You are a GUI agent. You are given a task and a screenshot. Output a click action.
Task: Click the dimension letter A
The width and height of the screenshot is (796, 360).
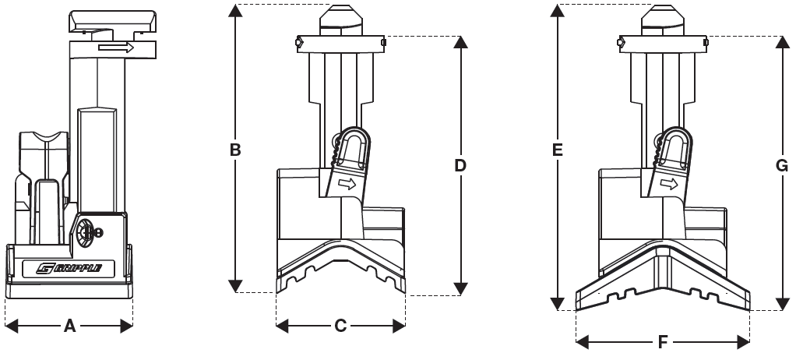69,326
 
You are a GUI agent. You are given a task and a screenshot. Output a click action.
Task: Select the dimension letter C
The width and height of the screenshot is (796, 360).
340,326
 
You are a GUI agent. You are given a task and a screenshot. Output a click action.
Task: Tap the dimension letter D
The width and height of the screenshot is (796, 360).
460,165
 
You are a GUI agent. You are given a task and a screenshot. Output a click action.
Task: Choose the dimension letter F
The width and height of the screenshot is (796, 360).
663,341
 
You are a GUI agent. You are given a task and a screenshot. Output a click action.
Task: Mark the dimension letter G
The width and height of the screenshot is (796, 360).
782,165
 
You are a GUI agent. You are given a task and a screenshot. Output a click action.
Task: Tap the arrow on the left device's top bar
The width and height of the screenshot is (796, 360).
116,48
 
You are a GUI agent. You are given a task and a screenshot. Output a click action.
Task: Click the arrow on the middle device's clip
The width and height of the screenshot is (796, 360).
348,185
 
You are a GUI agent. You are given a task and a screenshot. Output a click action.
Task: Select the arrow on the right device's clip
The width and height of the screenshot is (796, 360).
667,185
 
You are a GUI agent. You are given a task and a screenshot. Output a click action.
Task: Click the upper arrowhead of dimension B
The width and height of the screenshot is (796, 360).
235,11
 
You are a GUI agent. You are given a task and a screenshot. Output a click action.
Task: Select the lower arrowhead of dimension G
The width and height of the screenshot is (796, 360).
782,303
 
